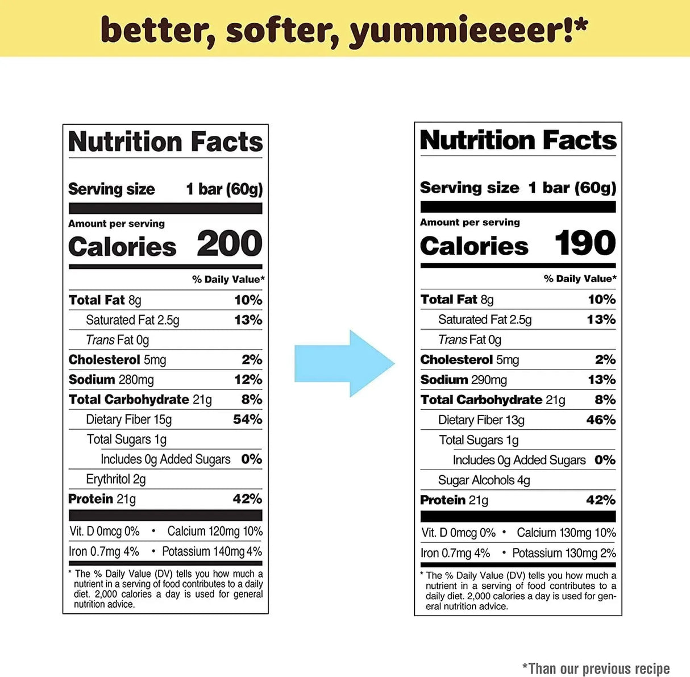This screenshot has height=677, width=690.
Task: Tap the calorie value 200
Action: coord(230,244)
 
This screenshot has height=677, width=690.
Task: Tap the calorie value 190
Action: coord(585,243)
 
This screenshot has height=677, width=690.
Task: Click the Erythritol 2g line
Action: coord(116,479)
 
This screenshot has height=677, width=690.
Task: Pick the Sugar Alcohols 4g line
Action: coord(484,480)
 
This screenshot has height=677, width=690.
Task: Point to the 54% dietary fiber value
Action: coord(247,420)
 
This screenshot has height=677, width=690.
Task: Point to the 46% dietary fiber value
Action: coord(601,420)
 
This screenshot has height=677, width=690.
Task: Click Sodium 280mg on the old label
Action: coord(111,380)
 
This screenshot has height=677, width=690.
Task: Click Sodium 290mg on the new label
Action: coord(464,380)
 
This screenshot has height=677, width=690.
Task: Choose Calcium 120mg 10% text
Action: coord(215,531)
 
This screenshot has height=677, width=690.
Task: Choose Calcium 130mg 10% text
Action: coord(566,533)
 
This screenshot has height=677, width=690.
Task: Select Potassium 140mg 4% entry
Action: coord(212,551)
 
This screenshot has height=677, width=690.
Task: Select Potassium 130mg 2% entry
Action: coord(564,553)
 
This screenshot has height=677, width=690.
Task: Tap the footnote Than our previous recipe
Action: coord(596,668)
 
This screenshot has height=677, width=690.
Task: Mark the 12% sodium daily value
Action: coord(248,380)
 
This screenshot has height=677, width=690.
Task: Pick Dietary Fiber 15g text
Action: coord(129,420)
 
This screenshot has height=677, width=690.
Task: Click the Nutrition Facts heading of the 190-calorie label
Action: coord(518,140)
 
